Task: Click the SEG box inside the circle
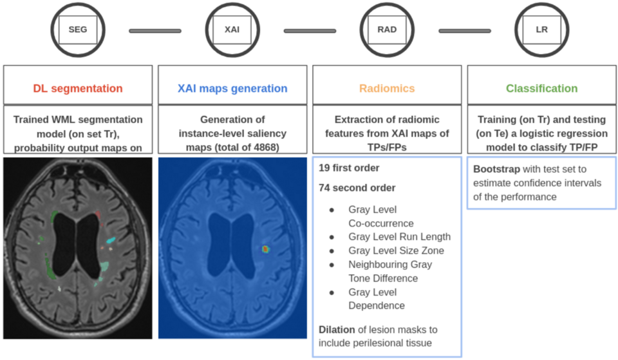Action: pyautogui.click(x=77, y=30)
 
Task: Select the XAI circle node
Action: pyautogui.click(x=232, y=30)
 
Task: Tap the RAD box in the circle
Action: pyautogui.click(x=387, y=30)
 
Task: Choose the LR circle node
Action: pyautogui.click(x=542, y=30)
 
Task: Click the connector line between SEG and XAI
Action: pyautogui.click(x=154, y=30)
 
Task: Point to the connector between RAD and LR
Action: pyautogui.click(x=464, y=30)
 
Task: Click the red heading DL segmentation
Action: pyautogui.click(x=77, y=88)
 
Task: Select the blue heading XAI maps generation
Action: pyautogui.click(x=232, y=88)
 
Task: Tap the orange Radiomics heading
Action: pyautogui.click(x=387, y=88)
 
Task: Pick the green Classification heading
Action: pyautogui.click(x=541, y=88)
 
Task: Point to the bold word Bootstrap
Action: pyautogui.click(x=496, y=169)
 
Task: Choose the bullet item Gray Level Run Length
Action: pyautogui.click(x=399, y=237)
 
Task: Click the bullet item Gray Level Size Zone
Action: pyautogui.click(x=395, y=251)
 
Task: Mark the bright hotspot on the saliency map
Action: pyautogui.click(x=265, y=248)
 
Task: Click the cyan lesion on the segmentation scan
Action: pyautogui.click(x=111, y=240)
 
